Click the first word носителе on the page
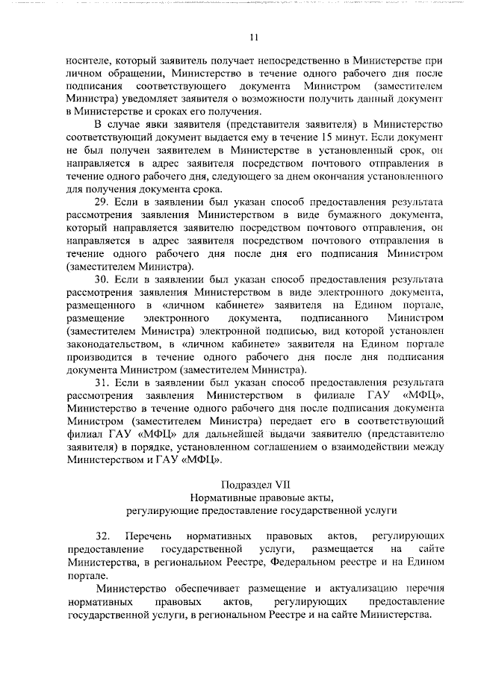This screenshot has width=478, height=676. tap(88, 60)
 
